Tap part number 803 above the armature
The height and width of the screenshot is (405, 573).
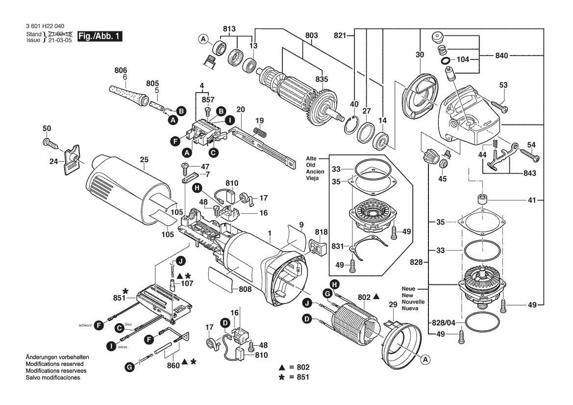[x=311, y=35]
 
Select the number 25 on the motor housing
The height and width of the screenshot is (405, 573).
[x=144, y=160]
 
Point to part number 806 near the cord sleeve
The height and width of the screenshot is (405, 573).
[x=121, y=70]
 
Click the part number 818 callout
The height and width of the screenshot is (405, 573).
[x=322, y=231]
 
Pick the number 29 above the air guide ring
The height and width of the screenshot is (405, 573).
[x=392, y=305]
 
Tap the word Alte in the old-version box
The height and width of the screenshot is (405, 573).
[x=311, y=159]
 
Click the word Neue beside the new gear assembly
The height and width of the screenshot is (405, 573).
[x=408, y=288]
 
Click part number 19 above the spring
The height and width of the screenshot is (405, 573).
[x=260, y=121]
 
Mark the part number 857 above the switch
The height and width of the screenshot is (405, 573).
[x=208, y=100]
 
